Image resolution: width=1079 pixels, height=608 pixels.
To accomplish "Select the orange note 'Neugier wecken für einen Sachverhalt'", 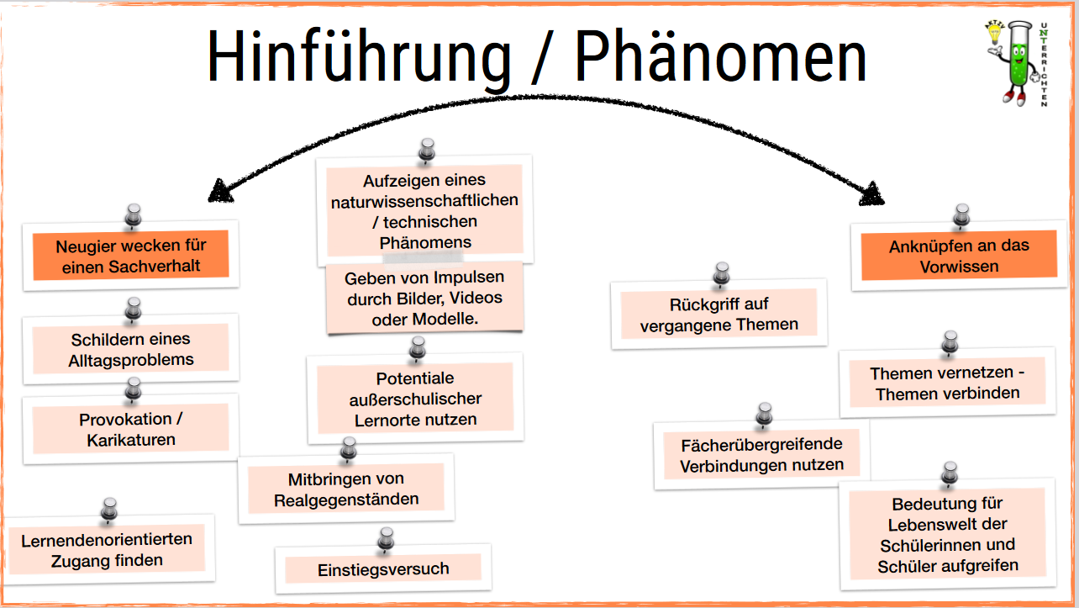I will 130,256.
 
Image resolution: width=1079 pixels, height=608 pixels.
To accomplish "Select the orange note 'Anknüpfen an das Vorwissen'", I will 959,256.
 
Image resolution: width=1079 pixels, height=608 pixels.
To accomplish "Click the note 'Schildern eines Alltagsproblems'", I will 130,349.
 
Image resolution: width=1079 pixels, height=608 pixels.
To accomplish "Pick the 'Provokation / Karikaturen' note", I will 130,429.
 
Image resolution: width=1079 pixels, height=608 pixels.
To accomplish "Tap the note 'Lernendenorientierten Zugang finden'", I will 107,549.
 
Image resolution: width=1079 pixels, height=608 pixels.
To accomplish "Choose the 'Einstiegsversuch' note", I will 383,569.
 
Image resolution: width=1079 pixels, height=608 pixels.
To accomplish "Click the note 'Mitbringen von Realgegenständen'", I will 346,489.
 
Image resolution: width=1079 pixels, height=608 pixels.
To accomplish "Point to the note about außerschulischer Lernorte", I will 415,399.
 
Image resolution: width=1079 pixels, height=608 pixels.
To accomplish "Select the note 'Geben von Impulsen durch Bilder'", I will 424,298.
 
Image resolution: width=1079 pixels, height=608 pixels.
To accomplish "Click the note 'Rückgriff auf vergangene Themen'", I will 718,314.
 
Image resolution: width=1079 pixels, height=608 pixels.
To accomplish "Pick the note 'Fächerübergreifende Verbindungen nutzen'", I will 761,454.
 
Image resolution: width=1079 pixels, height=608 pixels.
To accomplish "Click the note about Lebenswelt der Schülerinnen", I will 947,534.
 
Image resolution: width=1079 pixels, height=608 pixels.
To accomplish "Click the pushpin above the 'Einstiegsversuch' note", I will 386,537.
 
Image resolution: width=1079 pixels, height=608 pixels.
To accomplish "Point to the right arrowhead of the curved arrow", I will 872,194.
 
